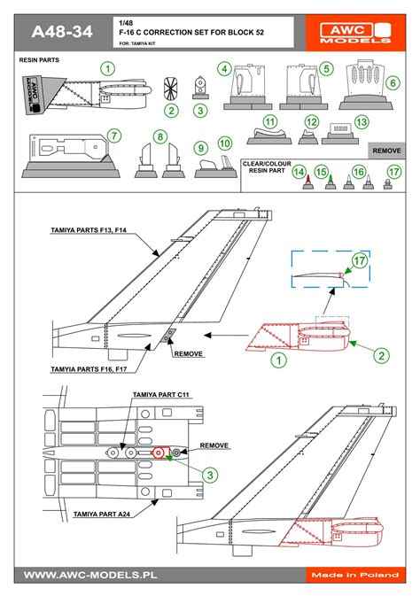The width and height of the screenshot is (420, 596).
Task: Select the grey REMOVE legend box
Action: pyautogui.click(x=386, y=151)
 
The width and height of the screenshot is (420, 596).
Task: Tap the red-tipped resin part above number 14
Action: pyautogui.click(x=306, y=183)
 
